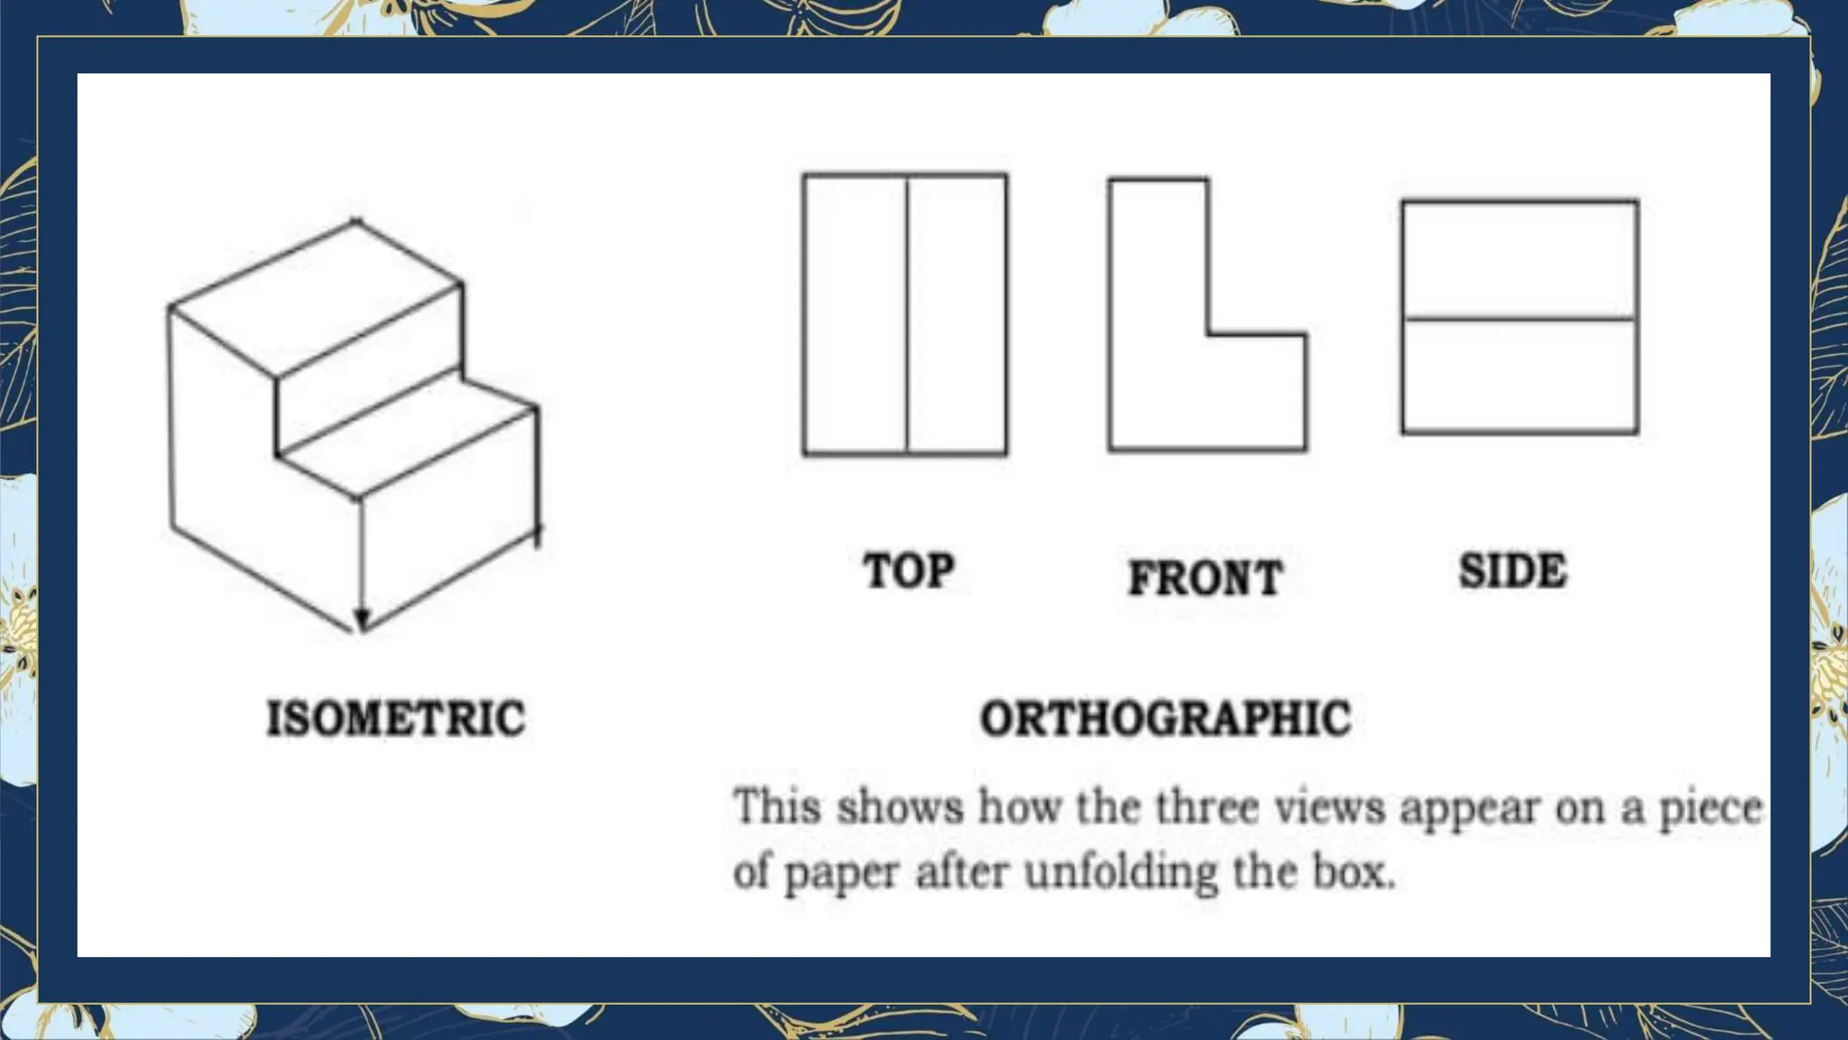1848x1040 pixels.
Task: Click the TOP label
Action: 908,571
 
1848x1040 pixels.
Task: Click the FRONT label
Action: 1205,578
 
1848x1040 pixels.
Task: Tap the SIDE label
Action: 1512,571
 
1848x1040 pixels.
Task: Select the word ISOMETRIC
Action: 395,719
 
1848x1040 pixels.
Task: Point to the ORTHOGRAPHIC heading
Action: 1165,719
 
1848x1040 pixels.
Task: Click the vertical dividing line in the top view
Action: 906,316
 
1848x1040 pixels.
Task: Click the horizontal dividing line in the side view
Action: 1520,319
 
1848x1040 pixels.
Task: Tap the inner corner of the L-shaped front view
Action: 1208,335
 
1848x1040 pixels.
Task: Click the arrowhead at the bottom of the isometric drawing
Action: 362,619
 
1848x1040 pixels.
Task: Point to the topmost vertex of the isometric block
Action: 356,220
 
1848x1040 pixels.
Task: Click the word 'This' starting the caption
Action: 776,806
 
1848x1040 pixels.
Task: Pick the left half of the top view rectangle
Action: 855,316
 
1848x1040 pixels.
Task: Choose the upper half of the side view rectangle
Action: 1520,260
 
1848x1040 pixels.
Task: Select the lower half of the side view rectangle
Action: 1520,376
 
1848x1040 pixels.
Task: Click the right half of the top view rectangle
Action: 956,316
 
